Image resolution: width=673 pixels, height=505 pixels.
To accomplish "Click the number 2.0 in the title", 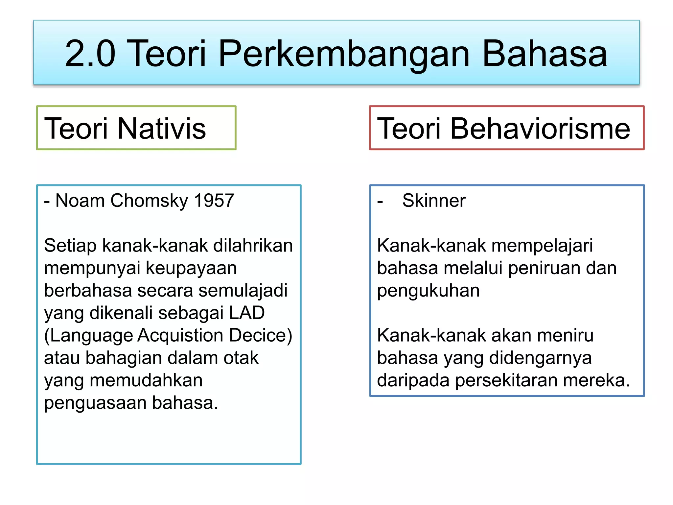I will pyautogui.click(x=90, y=54).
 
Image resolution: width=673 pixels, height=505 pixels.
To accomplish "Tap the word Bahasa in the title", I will pyautogui.click(x=545, y=54).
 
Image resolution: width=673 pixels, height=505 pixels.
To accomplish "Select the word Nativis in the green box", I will pyautogui.click(x=161, y=128).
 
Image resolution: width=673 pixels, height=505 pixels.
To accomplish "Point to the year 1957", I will pyautogui.click(x=214, y=200).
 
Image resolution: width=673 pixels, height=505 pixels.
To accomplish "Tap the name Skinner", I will pyautogui.click(x=434, y=200).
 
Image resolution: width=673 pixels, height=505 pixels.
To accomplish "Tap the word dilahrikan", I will pyautogui.click(x=253, y=246).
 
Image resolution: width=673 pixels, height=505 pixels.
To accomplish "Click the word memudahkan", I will pyautogui.click(x=146, y=380).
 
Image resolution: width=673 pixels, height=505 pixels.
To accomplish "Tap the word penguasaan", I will pyautogui.click(x=95, y=403).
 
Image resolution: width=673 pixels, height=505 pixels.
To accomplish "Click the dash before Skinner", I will pyautogui.click(x=380, y=201).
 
